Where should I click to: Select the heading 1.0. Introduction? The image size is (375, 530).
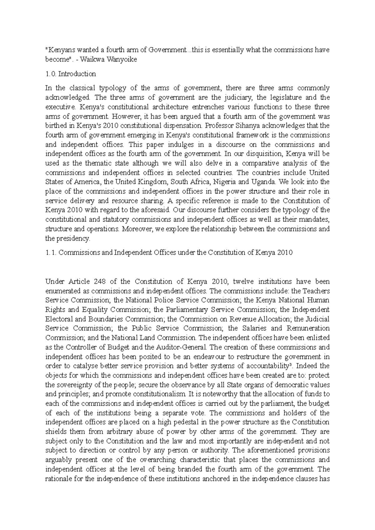[x=71, y=74]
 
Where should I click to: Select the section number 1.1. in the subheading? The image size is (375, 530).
[x=51, y=253]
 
